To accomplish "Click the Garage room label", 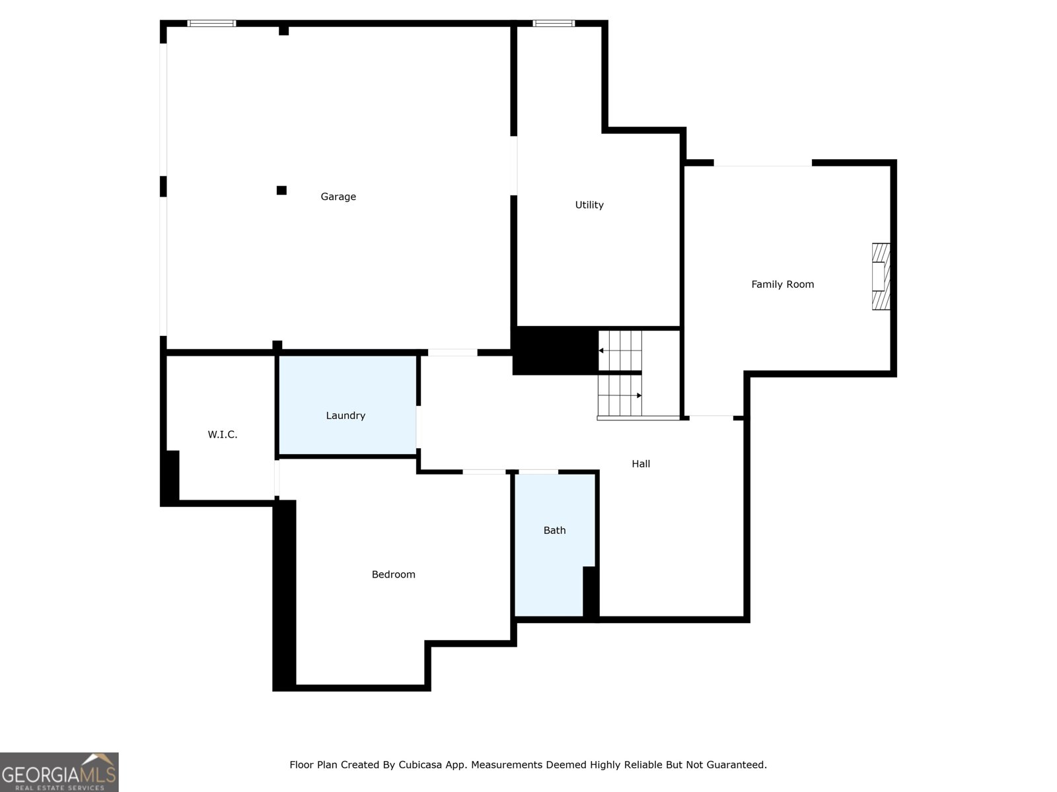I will click(x=338, y=197).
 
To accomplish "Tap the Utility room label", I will click(x=589, y=205).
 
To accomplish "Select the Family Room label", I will click(x=782, y=284).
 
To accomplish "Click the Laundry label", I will click(x=346, y=416).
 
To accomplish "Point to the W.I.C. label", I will click(x=223, y=434).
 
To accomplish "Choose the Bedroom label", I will click(x=393, y=575).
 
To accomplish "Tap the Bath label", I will click(x=554, y=531).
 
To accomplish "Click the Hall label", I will click(x=641, y=464).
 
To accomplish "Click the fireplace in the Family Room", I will click(x=880, y=277).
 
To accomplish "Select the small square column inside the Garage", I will click(x=281, y=191).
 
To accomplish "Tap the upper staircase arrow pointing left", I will click(x=602, y=350).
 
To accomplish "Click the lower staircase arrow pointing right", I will click(x=638, y=395).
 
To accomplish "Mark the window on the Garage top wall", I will click(x=211, y=24).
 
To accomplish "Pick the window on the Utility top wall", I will click(x=554, y=24).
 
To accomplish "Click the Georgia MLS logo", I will click(x=59, y=772).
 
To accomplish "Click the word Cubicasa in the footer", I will click(x=420, y=765).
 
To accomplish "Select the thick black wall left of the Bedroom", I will click(x=285, y=594).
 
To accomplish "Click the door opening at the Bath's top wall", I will click(x=538, y=472).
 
